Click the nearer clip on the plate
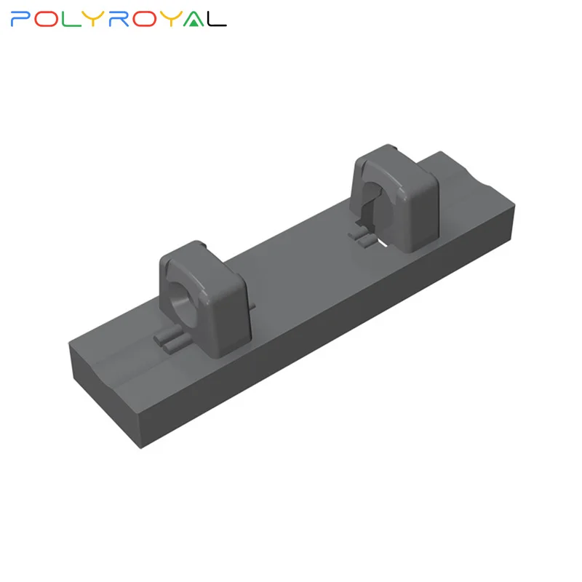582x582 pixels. tap(193, 298)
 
